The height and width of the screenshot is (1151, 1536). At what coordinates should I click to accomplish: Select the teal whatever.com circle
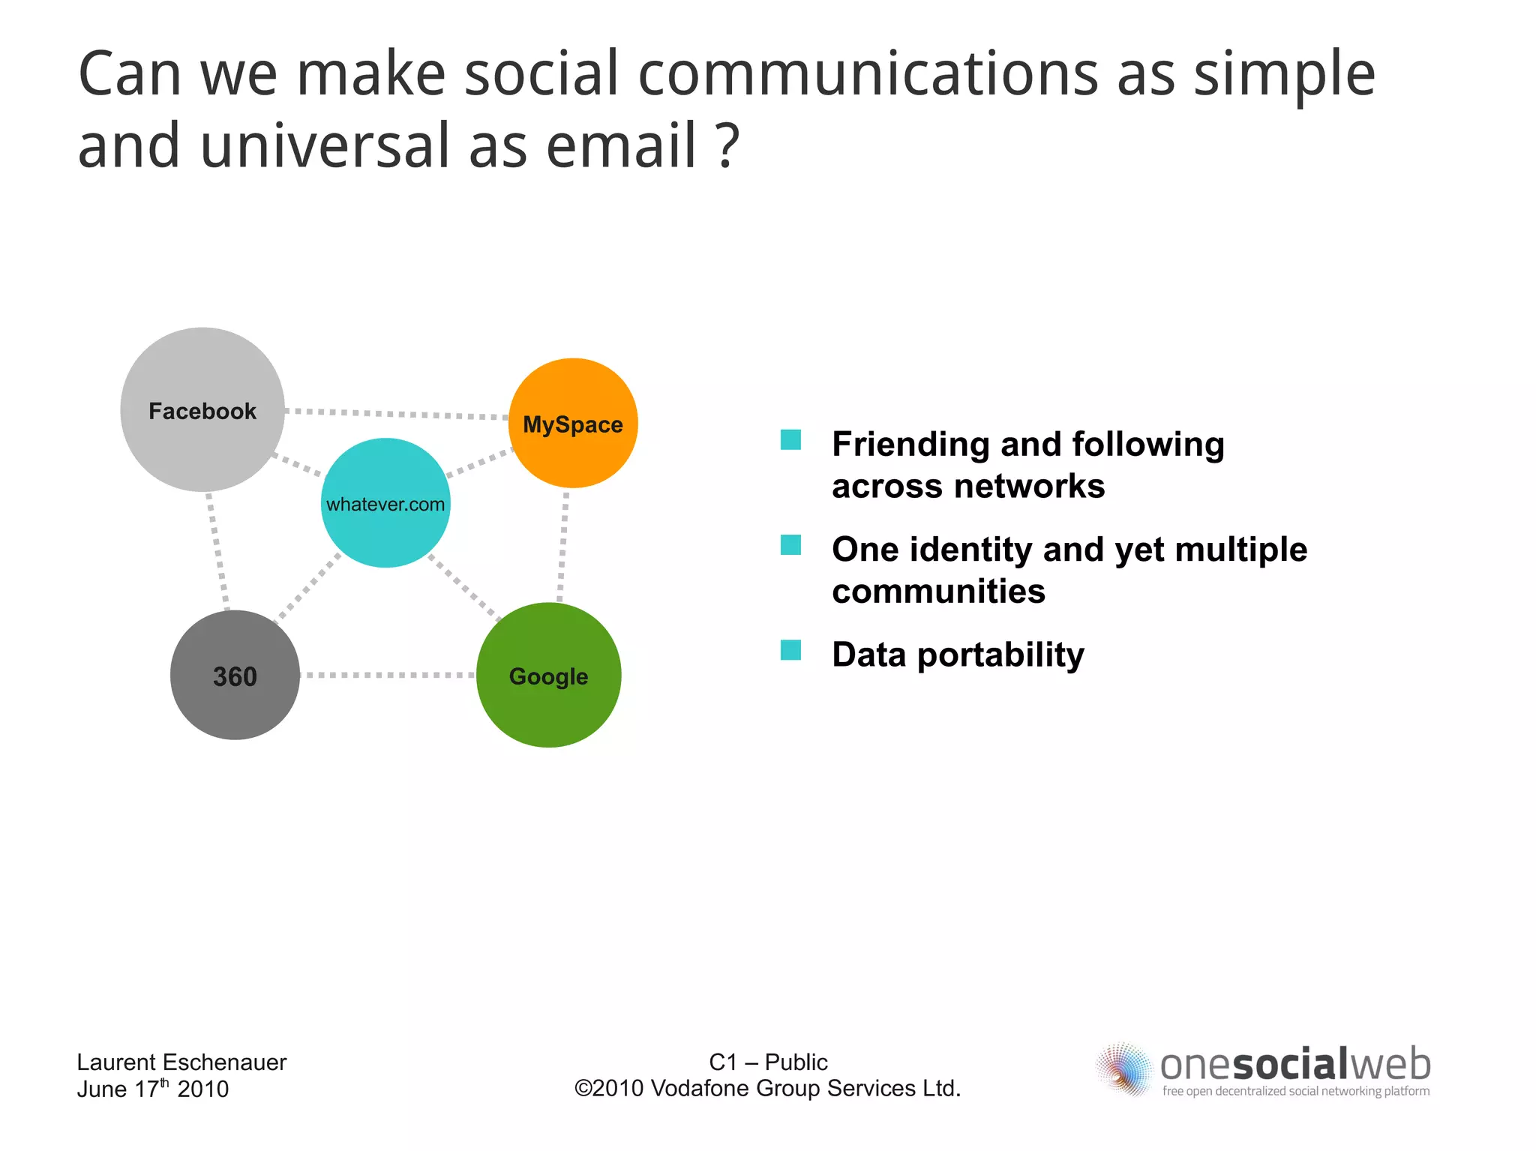pos(385,532)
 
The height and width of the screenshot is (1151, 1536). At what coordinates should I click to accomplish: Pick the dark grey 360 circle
pos(235,705)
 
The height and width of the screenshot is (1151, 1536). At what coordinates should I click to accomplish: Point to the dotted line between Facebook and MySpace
pos(397,414)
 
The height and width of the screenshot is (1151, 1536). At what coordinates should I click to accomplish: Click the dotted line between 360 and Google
pos(388,675)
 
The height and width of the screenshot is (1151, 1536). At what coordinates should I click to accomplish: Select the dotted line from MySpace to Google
pos(562,546)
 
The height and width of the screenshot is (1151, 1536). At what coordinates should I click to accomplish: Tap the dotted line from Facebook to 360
pos(217,551)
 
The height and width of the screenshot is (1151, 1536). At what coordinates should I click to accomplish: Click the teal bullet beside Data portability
pos(790,650)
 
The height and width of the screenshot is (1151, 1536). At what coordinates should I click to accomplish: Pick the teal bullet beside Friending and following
pos(790,440)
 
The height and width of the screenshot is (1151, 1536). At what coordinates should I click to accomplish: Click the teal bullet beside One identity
pos(790,545)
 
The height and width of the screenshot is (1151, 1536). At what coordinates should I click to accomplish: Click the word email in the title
pos(622,146)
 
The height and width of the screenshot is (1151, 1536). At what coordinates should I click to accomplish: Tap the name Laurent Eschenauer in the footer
pos(181,1063)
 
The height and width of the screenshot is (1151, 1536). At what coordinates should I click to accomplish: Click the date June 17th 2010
pos(153,1089)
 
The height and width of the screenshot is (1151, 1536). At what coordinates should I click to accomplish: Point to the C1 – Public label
pos(768,1062)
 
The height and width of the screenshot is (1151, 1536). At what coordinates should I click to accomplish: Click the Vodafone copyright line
pos(768,1088)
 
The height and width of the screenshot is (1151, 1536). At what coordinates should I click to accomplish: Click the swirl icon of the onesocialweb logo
pos(1123,1069)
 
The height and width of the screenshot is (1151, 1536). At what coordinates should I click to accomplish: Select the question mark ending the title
pos(727,146)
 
